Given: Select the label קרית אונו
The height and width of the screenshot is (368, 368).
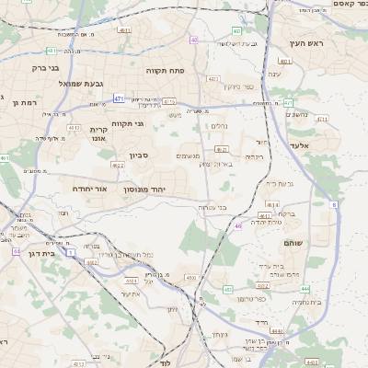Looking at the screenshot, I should pos(99,135).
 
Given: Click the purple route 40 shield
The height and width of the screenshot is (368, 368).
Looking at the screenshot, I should pos(194,40).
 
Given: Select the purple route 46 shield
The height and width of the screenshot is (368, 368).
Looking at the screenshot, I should pos(237,225).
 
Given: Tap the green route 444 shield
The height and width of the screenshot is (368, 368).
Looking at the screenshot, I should pos(305,289).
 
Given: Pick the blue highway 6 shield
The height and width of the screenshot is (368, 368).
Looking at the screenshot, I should pos(334,204).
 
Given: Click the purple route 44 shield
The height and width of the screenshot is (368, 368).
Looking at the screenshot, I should pos(17,250).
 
